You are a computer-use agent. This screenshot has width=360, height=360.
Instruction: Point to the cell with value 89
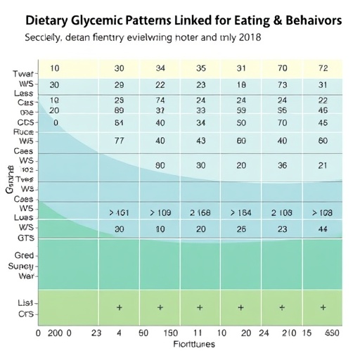(120, 110)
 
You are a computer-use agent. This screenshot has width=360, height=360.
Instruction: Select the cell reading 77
(120, 140)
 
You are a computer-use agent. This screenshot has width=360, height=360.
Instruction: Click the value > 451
(120, 212)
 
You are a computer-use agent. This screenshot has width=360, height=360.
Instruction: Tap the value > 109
(160, 212)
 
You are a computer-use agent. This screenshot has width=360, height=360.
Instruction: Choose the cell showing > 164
(241, 212)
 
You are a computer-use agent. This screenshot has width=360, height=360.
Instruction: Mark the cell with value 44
(323, 229)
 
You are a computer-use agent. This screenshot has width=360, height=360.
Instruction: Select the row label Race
(25, 131)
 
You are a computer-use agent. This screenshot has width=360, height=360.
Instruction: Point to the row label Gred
(24, 256)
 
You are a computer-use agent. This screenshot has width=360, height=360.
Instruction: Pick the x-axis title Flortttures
(195, 345)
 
